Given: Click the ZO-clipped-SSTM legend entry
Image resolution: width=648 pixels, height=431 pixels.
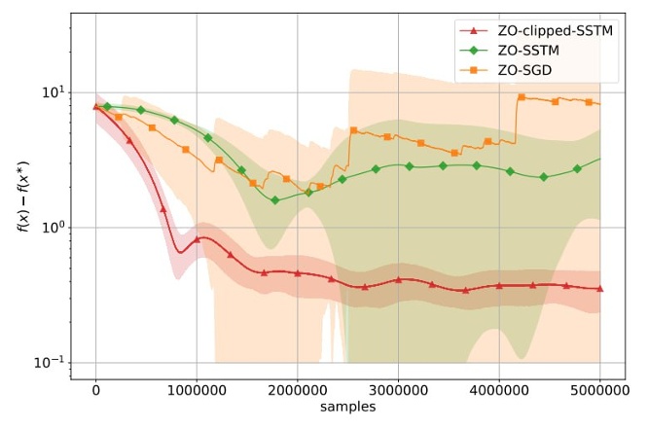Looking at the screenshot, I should tap(561, 30).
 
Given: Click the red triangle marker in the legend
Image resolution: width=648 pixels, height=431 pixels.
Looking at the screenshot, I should tap(472, 30).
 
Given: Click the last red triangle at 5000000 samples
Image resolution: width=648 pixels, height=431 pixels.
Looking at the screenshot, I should tap(599, 288).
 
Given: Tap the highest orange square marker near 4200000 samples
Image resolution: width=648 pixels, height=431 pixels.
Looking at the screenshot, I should tap(522, 97).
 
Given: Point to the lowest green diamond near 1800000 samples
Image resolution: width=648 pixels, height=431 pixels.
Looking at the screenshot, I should tap(275, 200).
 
